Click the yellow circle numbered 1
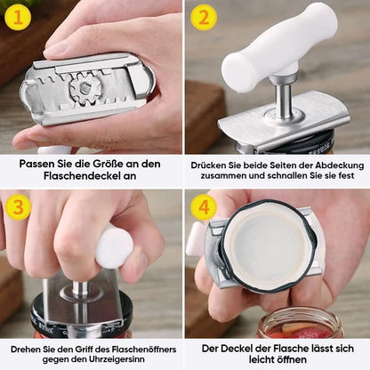(18, 17)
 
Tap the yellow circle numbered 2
(204, 17)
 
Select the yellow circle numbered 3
(18, 206)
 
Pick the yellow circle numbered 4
(204, 206)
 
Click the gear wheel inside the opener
(86, 88)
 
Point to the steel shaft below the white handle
(282, 100)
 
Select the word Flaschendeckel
(81, 175)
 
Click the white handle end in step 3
(114, 246)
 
